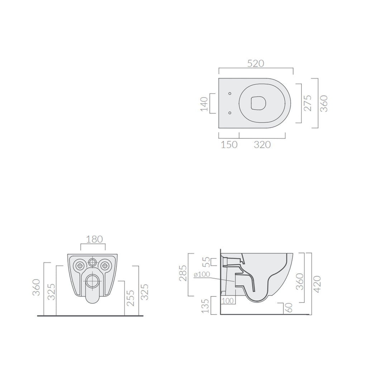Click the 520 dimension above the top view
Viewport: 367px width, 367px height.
pos(256,63)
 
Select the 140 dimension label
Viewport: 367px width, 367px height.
pos(204,104)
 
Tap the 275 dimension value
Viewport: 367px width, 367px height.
pos(307,103)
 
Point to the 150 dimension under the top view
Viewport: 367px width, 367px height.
pos(229,145)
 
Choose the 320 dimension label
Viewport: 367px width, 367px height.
pos(262,145)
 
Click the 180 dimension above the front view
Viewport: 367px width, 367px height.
pos(94,239)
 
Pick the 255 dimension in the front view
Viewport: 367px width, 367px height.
pos(130,298)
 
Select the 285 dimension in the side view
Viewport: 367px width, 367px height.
pos(183,273)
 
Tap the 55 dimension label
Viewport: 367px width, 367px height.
pos(206,262)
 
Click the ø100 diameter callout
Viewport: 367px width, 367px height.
pos(202,274)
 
